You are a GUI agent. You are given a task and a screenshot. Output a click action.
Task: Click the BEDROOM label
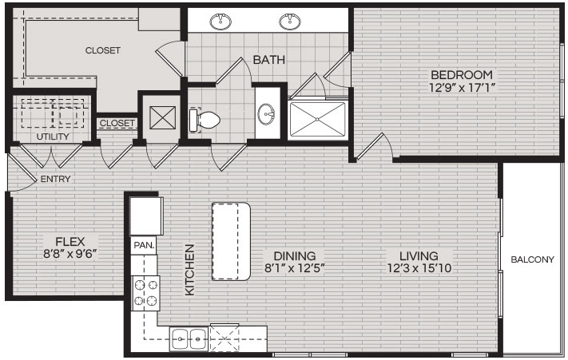pyautogui.click(x=462, y=75)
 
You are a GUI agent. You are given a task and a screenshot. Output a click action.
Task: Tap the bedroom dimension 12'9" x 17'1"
pyautogui.click(x=462, y=88)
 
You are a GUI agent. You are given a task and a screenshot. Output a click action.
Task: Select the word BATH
pyautogui.click(x=268, y=60)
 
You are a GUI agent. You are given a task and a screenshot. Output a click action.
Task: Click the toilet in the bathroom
pyautogui.click(x=205, y=120)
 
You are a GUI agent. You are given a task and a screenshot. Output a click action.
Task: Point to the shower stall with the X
pyautogui.click(x=317, y=120)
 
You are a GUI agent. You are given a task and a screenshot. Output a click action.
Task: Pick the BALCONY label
pyautogui.click(x=532, y=259)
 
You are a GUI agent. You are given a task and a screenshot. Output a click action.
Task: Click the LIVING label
pyautogui.click(x=419, y=256)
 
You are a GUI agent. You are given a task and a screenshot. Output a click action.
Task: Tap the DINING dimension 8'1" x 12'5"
pyautogui.click(x=295, y=268)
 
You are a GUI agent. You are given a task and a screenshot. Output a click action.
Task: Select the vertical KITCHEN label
pyautogui.click(x=190, y=270)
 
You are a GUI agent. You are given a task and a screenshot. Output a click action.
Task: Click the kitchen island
pyautogui.click(x=231, y=241)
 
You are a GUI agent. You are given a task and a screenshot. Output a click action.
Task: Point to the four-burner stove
pyautogui.click(x=145, y=294)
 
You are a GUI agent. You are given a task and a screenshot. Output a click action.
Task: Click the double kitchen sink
pyautogui.click(x=189, y=339)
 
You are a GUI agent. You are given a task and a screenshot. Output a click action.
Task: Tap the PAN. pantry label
pyautogui.click(x=144, y=245)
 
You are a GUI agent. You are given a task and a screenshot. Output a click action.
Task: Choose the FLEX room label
pyautogui.click(x=70, y=241)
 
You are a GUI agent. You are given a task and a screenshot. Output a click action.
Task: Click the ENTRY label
pyautogui.click(x=55, y=179)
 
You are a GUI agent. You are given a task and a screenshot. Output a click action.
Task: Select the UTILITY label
pyautogui.click(x=53, y=136)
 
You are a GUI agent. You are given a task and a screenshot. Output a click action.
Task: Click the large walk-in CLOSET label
pyautogui.click(x=103, y=50)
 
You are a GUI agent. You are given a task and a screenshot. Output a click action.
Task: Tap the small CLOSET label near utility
pyautogui.click(x=117, y=123)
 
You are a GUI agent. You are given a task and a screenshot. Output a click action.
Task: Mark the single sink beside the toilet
pyautogui.click(x=267, y=113)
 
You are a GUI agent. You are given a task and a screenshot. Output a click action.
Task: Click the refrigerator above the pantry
pyautogui.click(x=146, y=216)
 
